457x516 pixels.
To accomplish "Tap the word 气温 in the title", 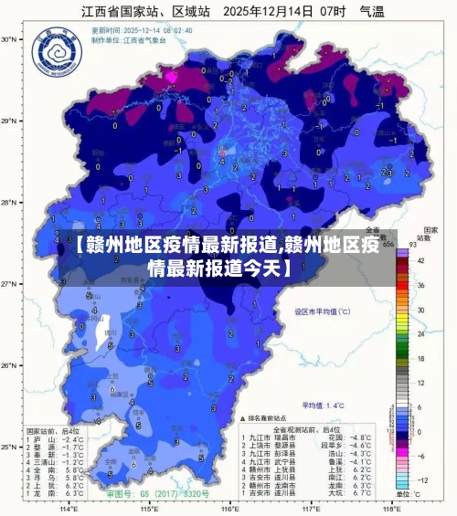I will (371, 12).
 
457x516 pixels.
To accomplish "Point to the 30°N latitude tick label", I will (10, 40).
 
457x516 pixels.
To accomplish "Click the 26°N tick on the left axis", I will (10, 365).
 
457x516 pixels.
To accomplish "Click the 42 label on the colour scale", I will (421, 260).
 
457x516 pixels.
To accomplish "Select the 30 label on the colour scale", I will (421, 310).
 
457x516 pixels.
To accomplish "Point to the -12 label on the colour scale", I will (422, 479).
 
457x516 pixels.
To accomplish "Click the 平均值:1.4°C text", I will (324, 404).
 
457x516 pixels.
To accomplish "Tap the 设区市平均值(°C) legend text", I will (322, 311).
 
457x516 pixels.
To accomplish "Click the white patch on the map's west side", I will (102, 332).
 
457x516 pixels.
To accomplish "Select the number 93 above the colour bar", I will (412, 245).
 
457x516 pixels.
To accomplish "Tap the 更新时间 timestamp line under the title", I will (128, 30).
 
